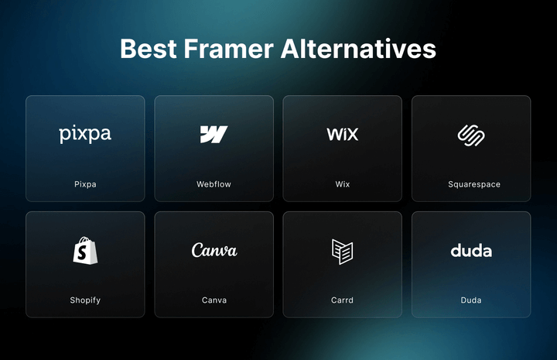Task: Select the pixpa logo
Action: (x=85, y=135)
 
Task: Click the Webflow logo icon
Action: (x=214, y=134)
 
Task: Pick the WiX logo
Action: (x=342, y=134)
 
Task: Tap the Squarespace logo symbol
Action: (x=470, y=135)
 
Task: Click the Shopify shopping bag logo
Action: (x=85, y=250)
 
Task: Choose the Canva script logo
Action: (x=214, y=250)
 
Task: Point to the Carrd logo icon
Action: (x=342, y=251)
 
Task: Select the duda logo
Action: (x=470, y=250)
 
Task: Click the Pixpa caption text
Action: (x=85, y=184)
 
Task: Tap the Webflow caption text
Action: (x=214, y=184)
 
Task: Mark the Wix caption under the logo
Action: (x=342, y=184)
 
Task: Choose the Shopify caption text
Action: (x=85, y=300)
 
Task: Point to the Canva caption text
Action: (x=214, y=300)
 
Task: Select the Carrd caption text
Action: (x=342, y=300)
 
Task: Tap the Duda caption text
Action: (x=470, y=300)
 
